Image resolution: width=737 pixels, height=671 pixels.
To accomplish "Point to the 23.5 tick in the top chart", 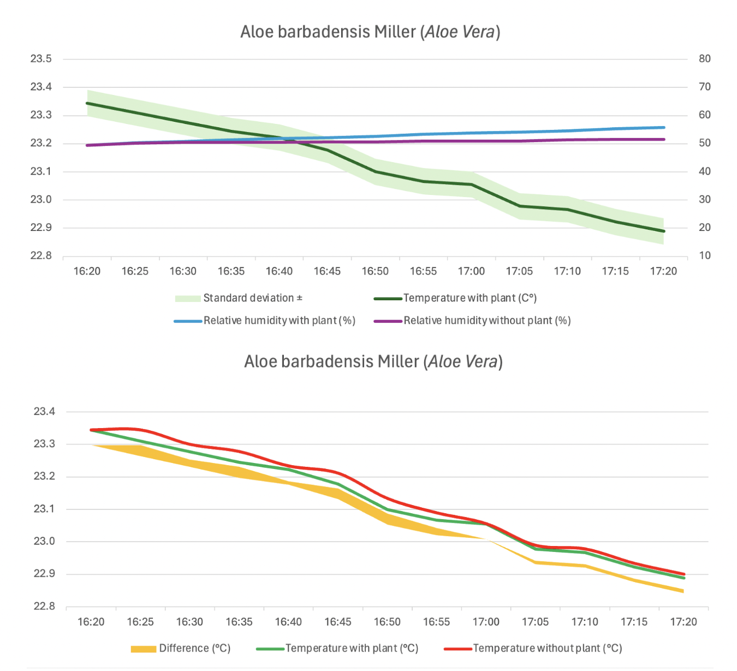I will (x=41, y=59).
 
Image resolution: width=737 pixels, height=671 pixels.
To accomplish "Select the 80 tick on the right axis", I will (x=705, y=59).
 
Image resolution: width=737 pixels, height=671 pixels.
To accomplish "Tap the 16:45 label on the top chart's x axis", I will (x=327, y=271).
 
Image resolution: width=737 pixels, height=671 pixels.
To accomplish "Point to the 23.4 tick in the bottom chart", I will (x=45, y=412).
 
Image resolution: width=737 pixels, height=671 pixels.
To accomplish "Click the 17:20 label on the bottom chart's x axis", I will (x=683, y=622).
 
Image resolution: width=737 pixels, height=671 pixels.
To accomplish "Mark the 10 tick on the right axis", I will (x=705, y=256).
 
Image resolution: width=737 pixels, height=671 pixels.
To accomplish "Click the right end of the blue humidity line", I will (x=664, y=128).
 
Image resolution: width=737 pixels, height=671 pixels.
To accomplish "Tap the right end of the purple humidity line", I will (x=664, y=140).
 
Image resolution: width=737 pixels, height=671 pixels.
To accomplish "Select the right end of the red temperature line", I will (x=683, y=574).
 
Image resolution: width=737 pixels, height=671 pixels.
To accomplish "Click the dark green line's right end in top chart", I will (x=664, y=231).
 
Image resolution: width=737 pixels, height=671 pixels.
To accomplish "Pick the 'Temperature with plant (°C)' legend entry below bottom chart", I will (x=352, y=649).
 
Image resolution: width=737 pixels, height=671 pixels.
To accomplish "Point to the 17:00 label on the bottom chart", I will (x=486, y=622).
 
